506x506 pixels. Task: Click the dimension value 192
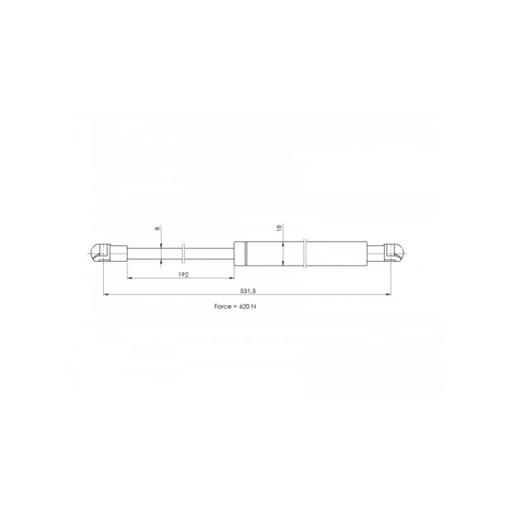pyautogui.click(x=183, y=275)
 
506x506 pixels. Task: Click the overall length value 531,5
pyautogui.click(x=247, y=291)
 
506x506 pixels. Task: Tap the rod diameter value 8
pyautogui.click(x=157, y=228)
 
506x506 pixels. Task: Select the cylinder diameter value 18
pyautogui.click(x=279, y=227)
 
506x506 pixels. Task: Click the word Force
pyautogui.click(x=223, y=306)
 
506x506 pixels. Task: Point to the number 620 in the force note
pyautogui.click(x=244, y=306)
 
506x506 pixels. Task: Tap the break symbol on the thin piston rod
pyautogui.click(x=183, y=254)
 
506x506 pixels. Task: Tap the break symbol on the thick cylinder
pyautogui.click(x=305, y=254)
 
